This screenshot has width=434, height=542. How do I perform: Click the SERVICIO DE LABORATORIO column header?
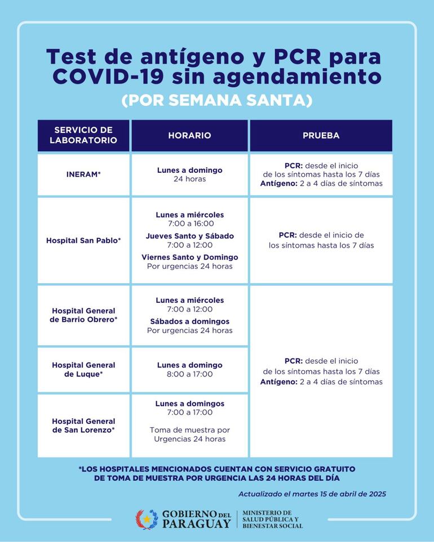coord(83,135)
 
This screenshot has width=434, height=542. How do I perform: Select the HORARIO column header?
coord(189,136)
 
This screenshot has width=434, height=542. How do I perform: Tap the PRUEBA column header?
coord(321,136)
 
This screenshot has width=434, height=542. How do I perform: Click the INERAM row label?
coord(83,174)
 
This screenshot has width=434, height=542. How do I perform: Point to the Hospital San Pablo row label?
coord(83,240)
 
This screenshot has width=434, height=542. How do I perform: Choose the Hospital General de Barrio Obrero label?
coord(83,315)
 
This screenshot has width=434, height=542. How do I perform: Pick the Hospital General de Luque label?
coord(83,369)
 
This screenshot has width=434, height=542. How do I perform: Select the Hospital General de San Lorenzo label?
coord(83,425)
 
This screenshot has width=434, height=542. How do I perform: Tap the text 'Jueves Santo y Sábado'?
coord(189,236)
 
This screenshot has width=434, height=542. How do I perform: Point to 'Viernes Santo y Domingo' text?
coord(189,257)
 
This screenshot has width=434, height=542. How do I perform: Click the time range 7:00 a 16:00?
coord(189,223)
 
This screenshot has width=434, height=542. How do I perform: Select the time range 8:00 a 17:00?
coord(189,374)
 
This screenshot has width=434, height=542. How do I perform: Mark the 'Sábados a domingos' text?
coord(189,321)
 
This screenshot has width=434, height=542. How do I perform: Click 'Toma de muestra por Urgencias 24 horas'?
coord(189,435)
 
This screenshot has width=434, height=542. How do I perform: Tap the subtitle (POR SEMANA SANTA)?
coord(216,100)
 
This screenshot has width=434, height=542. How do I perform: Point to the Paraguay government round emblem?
coord(147,519)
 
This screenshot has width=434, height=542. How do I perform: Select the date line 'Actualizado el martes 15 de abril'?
coord(312,494)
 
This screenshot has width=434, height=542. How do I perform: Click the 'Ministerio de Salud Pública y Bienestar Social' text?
coord(273,519)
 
